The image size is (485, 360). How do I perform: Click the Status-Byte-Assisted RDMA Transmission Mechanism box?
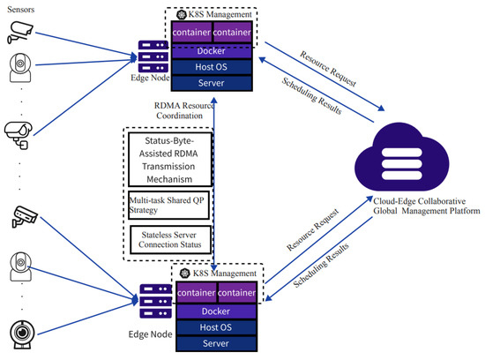coord(169,160)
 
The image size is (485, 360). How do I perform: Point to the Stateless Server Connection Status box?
coord(169,237)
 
